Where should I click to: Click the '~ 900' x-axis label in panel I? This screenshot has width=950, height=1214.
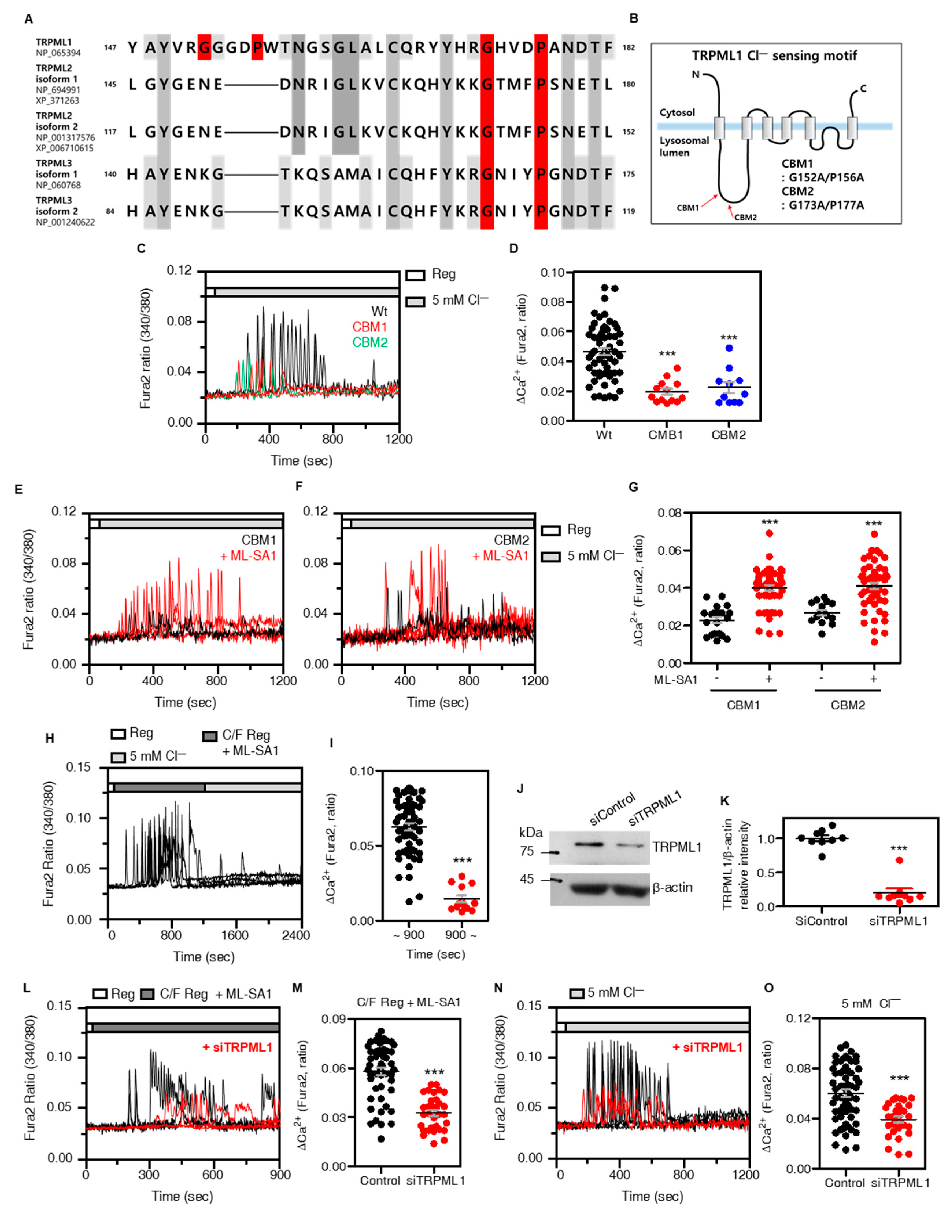tap(409, 935)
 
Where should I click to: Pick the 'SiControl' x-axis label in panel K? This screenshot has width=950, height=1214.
tap(821, 921)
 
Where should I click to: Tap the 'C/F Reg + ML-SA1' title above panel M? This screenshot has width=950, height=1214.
tap(409, 1002)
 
